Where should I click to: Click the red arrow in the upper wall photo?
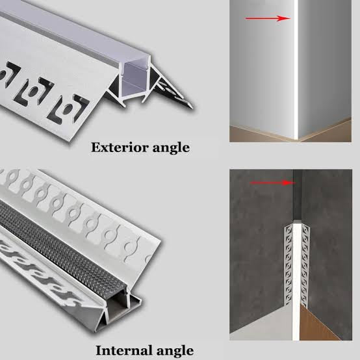[x=267, y=18]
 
